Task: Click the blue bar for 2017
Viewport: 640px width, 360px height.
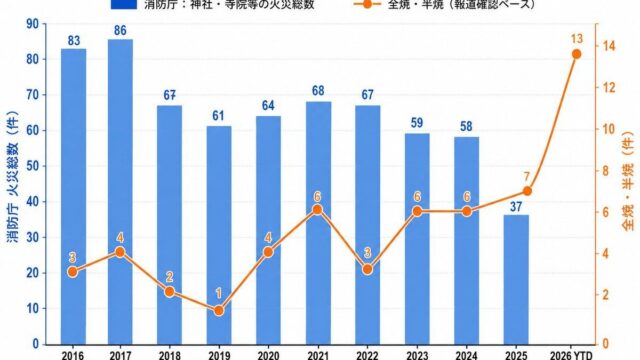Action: click(x=120, y=192)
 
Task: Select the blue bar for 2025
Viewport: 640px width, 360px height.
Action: click(x=516, y=280)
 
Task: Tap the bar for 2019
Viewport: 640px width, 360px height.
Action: click(x=219, y=235)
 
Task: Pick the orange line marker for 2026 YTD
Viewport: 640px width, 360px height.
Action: click(x=576, y=54)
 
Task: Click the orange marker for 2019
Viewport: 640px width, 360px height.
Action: click(x=219, y=311)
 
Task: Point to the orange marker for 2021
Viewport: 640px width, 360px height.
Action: click(x=318, y=210)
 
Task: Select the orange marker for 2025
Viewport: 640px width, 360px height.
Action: click(x=527, y=191)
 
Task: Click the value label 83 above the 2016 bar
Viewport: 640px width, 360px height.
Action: click(x=73, y=41)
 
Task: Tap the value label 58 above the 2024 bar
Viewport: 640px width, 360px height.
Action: click(x=466, y=127)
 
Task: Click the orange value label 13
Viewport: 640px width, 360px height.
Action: click(x=577, y=39)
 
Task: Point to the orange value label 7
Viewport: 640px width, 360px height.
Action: click(x=527, y=177)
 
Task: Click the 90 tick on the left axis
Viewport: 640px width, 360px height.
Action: click(x=33, y=24)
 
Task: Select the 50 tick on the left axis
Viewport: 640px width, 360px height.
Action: click(x=33, y=166)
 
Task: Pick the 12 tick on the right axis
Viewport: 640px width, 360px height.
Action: click(x=609, y=87)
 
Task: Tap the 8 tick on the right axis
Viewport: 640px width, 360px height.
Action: click(x=606, y=171)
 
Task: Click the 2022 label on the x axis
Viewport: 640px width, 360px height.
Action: click(x=367, y=355)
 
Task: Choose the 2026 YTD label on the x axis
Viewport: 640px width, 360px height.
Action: click(x=571, y=355)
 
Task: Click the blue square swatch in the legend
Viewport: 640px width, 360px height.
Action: click(x=124, y=4)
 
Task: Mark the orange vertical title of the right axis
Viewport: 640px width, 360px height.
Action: click(x=629, y=181)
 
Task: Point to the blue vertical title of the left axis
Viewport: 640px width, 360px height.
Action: click(x=13, y=177)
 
